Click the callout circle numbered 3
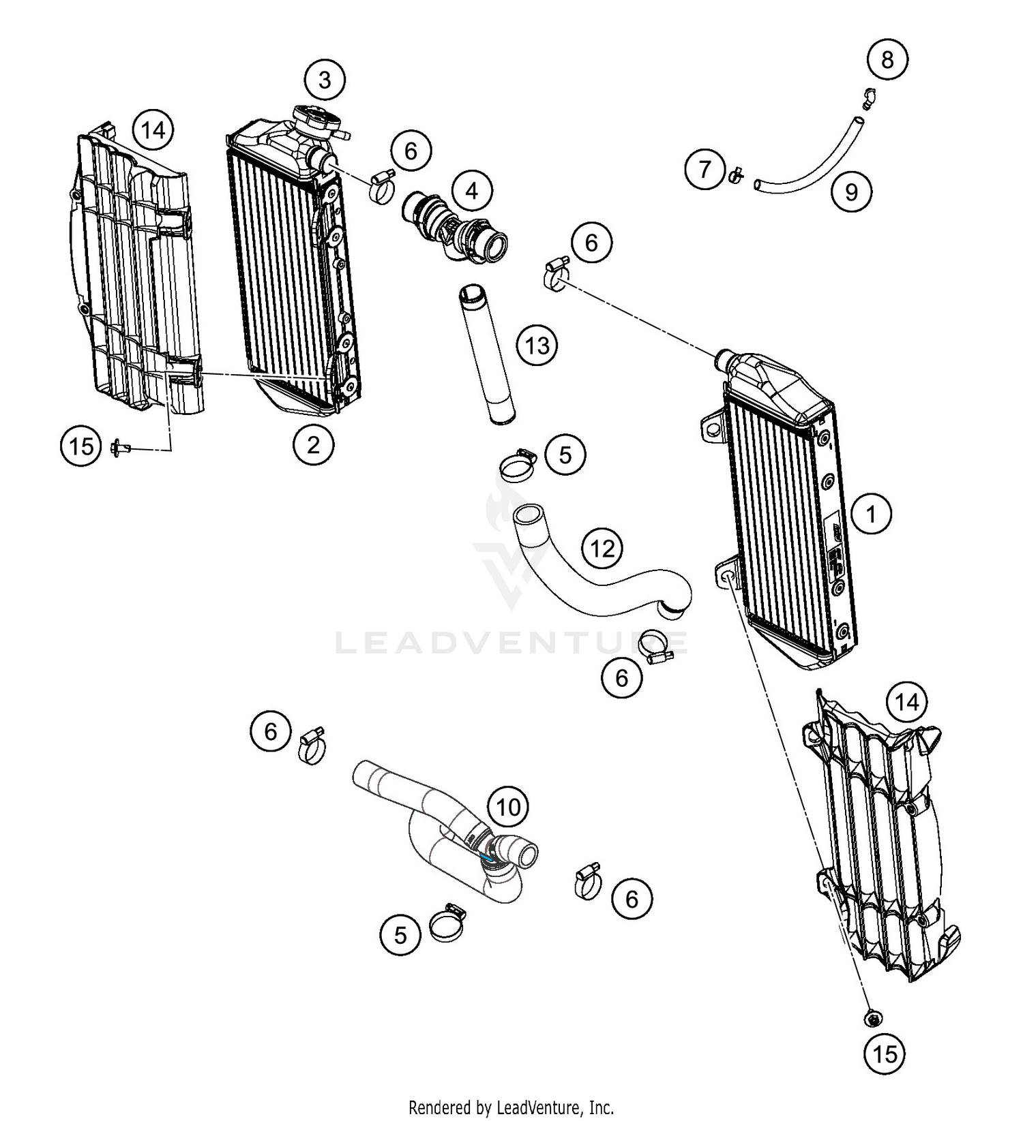(325, 80)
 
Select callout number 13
(537, 345)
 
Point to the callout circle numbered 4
(472, 191)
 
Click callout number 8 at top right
(887, 59)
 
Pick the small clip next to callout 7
(736, 176)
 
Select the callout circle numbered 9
(851, 191)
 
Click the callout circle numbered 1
(871, 513)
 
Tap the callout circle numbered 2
(313, 445)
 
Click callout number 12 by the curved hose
(602, 548)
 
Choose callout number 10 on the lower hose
(508, 808)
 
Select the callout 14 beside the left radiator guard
(153, 129)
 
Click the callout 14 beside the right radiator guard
(906, 702)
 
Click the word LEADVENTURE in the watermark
(512, 643)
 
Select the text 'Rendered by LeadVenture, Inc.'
(511, 1107)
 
